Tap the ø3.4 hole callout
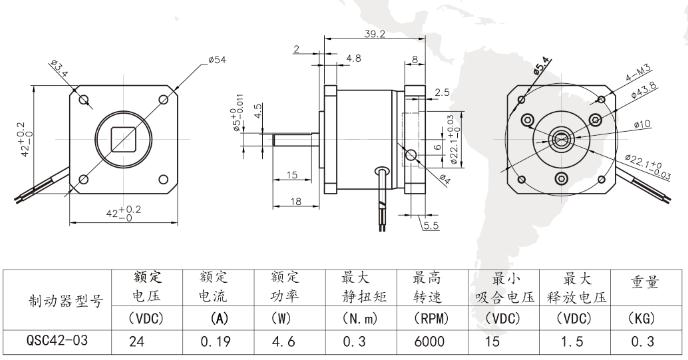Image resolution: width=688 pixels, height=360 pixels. coord(58,70)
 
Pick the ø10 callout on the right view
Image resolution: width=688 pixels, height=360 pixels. coord(643,124)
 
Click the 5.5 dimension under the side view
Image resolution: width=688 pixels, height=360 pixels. coord(432,226)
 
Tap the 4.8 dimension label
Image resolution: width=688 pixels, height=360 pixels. coord(354,60)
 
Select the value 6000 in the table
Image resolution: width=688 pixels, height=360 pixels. coord(431,341)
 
